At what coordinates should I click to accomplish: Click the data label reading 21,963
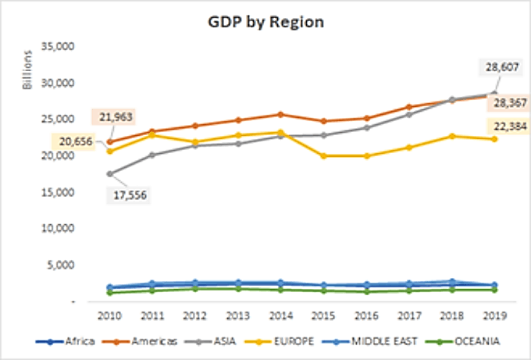[x=116, y=117]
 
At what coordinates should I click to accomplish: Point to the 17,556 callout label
[x=127, y=195]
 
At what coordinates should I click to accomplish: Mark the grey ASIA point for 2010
[x=109, y=173]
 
